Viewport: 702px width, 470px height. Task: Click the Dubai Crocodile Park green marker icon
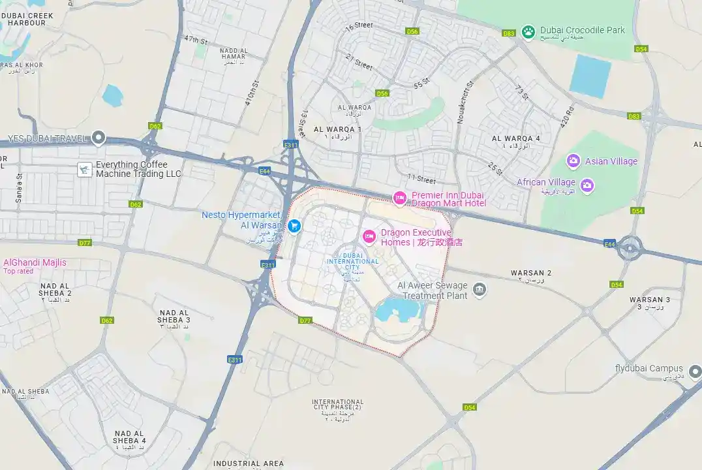click(528, 31)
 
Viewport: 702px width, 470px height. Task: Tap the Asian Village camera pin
click(573, 161)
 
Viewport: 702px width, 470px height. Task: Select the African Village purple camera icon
click(587, 185)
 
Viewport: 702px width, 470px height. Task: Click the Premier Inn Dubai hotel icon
click(399, 197)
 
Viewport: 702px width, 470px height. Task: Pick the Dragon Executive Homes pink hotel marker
click(369, 236)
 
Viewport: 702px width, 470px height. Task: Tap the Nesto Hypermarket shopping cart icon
click(294, 225)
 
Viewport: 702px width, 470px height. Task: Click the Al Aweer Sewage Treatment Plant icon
click(480, 289)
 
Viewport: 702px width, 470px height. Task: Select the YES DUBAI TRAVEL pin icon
click(99, 137)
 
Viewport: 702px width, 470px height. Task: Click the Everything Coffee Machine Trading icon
click(84, 169)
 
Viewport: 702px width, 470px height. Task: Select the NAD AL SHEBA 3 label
click(174, 316)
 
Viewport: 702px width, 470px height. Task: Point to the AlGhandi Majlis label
click(35, 262)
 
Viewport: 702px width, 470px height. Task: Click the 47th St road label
click(195, 40)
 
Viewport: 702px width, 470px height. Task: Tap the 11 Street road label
click(421, 178)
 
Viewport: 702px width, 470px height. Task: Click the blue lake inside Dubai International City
click(397, 310)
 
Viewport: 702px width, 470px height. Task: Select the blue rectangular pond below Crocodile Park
click(590, 76)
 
